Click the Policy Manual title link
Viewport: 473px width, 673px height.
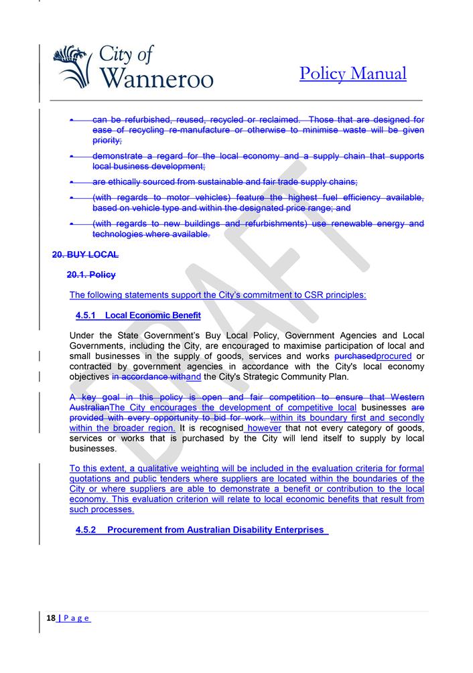click(352, 73)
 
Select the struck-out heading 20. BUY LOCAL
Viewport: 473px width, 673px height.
click(85, 254)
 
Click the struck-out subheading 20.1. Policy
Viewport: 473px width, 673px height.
click(91, 275)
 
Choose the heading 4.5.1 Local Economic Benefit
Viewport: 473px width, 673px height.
click(138, 315)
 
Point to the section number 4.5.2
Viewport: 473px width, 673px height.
click(86, 530)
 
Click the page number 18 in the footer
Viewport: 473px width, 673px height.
click(51, 618)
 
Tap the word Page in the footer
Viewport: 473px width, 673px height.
click(76, 618)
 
